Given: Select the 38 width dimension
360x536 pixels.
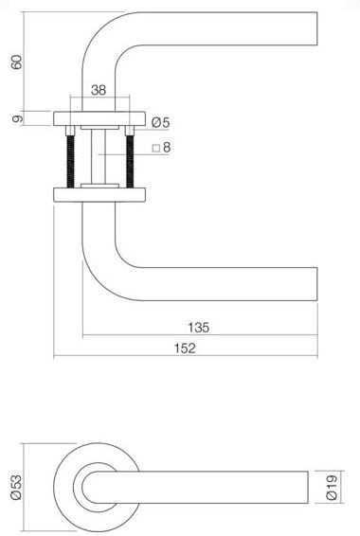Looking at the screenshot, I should click(x=99, y=91).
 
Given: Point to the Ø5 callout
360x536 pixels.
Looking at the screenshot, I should click(x=159, y=123).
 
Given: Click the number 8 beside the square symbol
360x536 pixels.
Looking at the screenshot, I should click(x=166, y=148).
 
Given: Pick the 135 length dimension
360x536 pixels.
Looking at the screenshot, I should click(x=198, y=327).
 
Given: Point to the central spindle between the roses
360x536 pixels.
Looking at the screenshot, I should click(x=99, y=155).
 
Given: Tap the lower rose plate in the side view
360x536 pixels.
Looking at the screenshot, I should click(x=99, y=193).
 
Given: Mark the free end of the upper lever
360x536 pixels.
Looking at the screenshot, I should click(x=311, y=27).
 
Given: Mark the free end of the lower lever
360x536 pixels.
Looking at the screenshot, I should click(x=311, y=282).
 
